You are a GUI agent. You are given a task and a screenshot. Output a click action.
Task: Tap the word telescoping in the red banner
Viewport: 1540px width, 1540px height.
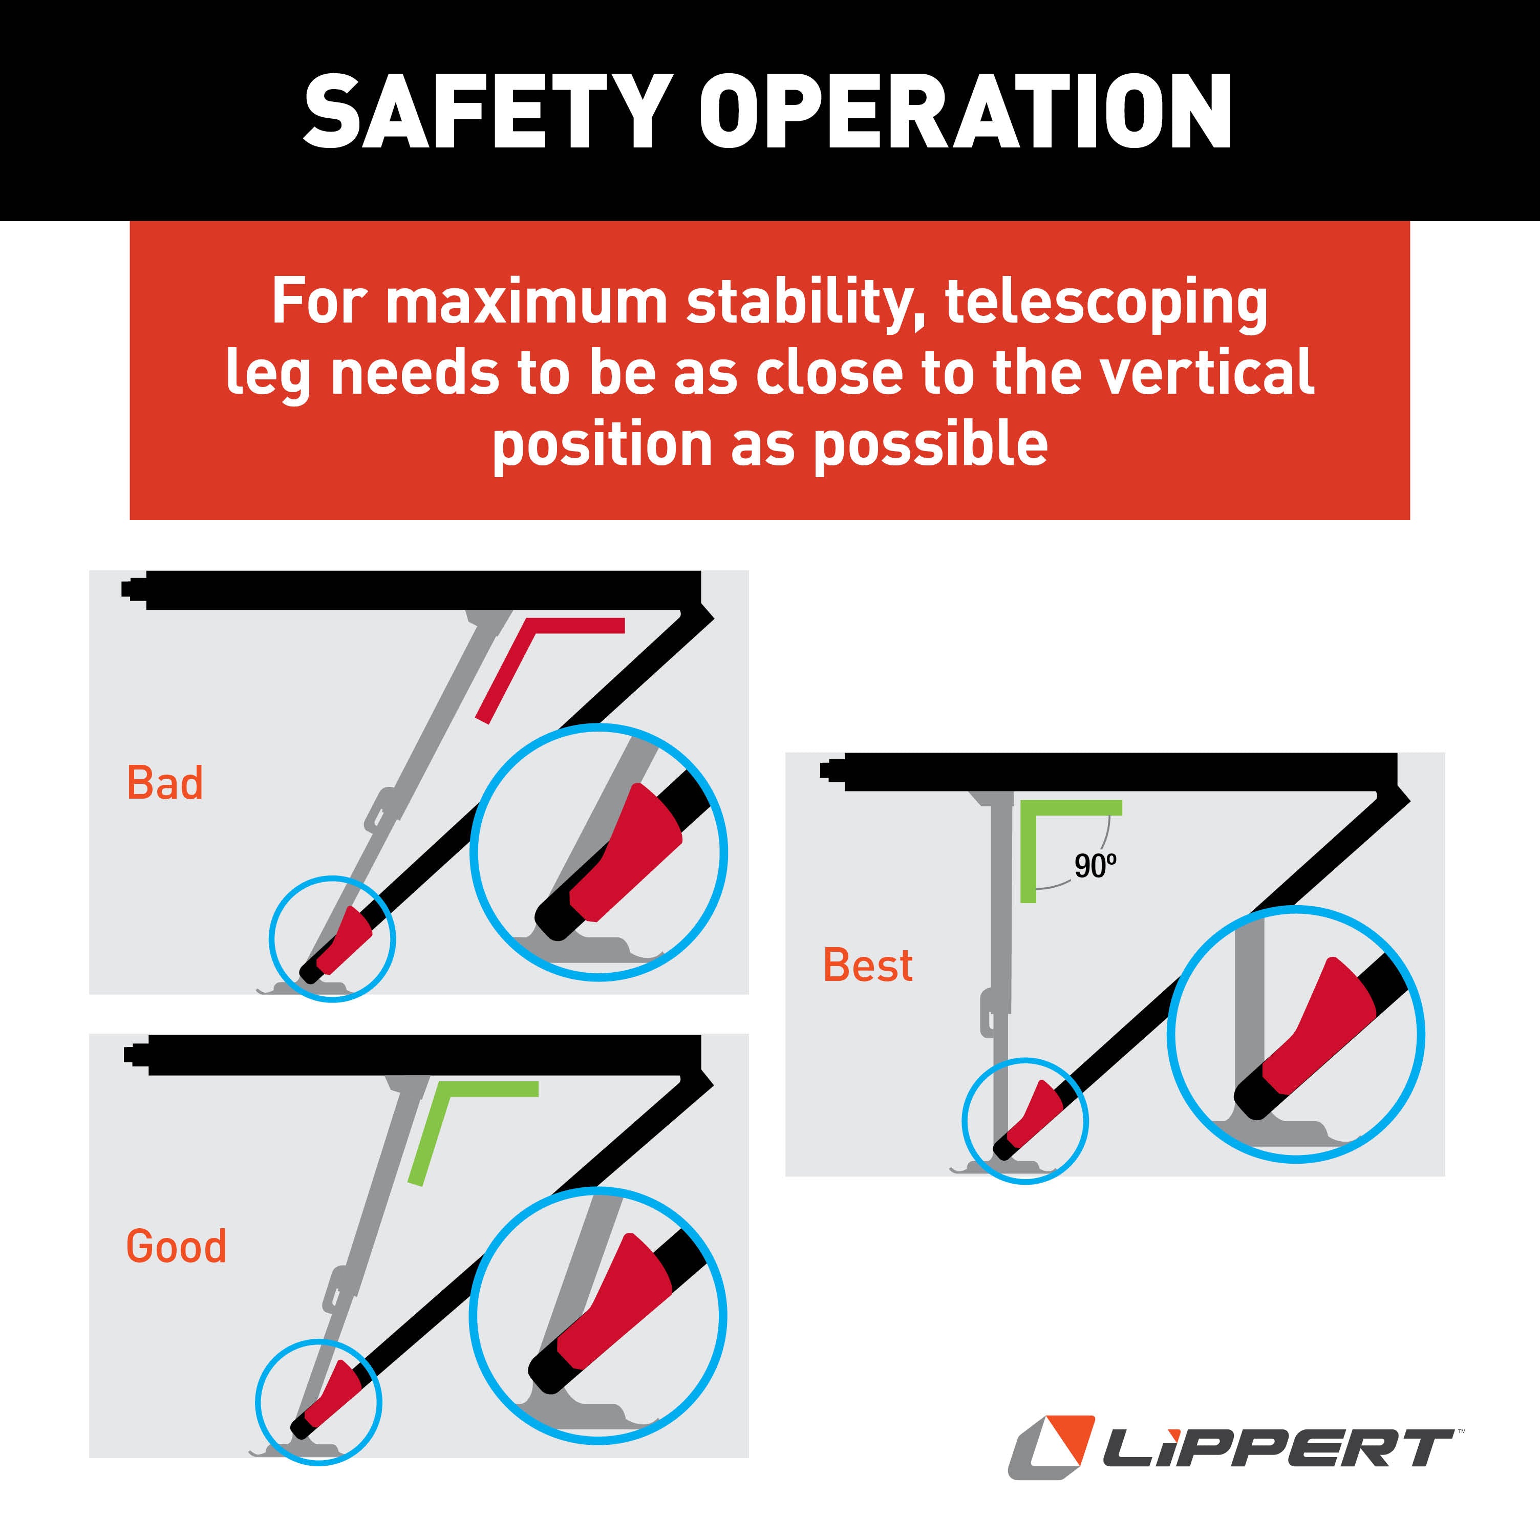(1105, 303)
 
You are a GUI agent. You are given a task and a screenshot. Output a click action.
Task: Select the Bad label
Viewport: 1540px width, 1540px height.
(165, 783)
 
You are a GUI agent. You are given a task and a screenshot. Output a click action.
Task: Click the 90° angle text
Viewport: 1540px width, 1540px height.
(1095, 866)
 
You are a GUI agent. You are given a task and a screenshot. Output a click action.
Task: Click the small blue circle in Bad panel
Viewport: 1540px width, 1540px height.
(332, 938)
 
